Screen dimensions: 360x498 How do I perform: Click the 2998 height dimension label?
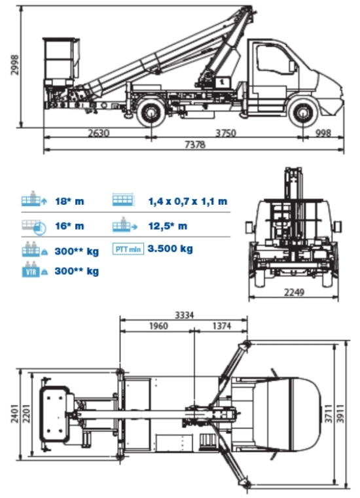point(14,65)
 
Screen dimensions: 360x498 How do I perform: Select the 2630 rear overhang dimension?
point(98,132)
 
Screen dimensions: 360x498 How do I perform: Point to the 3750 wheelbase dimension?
point(226,132)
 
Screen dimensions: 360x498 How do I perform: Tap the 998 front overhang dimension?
point(323,132)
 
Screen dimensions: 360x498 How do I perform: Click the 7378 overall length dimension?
point(195,145)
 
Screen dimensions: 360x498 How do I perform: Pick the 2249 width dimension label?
point(294,292)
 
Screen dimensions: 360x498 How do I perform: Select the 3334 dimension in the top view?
point(185,315)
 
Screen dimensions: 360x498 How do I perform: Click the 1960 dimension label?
point(158,326)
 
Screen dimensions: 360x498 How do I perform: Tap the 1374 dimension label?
point(222,326)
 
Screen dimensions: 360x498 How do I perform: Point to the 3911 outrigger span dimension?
point(340,413)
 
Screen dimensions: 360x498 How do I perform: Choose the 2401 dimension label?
point(14,413)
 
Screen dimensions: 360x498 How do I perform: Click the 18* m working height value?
point(69,201)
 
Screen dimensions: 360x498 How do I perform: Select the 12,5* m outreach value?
point(168,226)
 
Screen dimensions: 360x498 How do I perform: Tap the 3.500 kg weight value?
point(170,249)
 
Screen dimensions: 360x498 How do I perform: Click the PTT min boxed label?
point(128,249)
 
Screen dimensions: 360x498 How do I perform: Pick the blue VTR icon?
point(31,272)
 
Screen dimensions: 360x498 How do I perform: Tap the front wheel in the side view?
point(303,113)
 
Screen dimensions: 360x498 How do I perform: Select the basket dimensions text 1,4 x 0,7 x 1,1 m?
point(188,201)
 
